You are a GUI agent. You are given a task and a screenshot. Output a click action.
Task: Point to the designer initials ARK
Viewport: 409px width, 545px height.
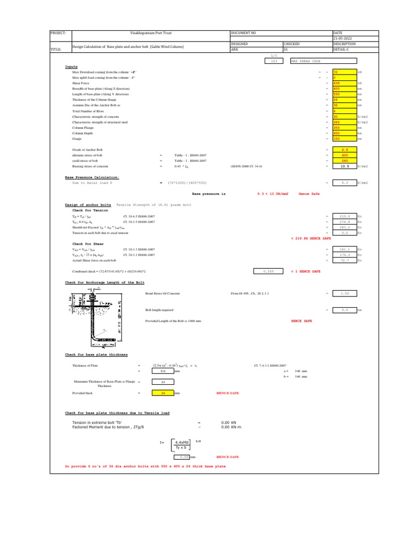coord(234,49)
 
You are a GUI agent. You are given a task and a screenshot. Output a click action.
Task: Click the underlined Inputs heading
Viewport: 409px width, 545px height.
coord(71,67)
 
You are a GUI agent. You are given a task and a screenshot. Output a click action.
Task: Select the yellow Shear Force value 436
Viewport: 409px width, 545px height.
coord(344,84)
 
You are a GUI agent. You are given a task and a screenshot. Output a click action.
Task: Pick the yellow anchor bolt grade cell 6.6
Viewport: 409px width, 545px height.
coord(344,151)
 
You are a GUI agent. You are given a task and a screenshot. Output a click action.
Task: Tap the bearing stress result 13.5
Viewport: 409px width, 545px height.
coord(344,166)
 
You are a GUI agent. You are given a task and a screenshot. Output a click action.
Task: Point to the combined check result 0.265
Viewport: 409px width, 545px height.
coord(268,271)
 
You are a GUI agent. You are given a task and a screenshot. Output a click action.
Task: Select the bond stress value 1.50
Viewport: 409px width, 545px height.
coord(344,293)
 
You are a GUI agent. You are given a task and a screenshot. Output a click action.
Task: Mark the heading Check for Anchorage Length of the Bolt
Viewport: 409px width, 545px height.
coord(104,282)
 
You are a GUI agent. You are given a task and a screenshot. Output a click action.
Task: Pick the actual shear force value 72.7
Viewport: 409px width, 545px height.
coord(344,261)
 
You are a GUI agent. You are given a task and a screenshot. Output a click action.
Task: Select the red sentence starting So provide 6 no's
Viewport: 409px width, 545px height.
coord(145,466)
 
